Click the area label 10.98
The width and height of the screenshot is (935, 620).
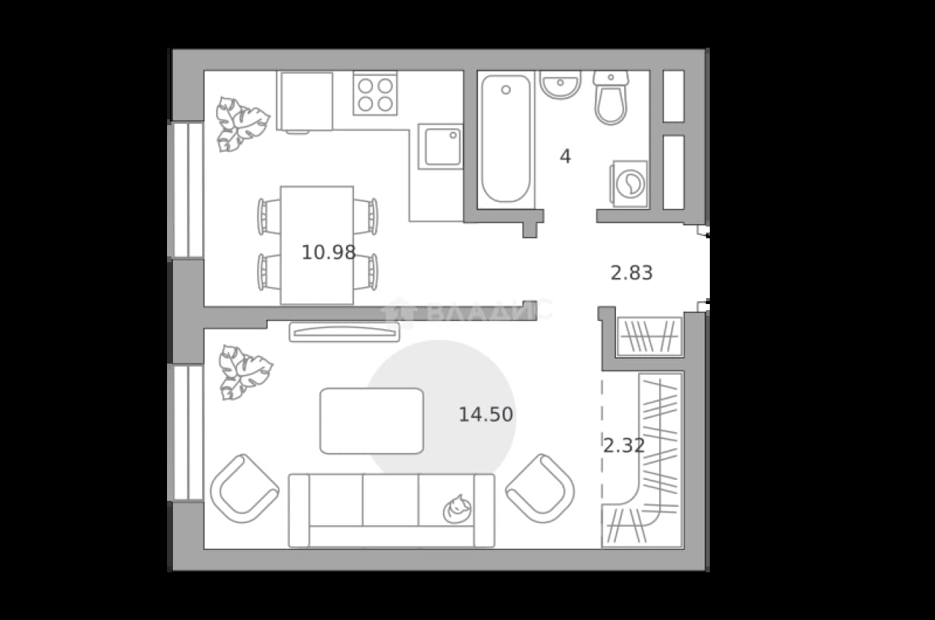click(x=329, y=253)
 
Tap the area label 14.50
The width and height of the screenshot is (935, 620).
click(x=486, y=415)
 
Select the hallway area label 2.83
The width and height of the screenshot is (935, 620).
click(x=632, y=273)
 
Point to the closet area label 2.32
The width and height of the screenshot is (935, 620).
click(x=624, y=446)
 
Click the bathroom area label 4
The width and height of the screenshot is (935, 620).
click(x=565, y=156)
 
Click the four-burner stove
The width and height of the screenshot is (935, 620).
click(x=375, y=93)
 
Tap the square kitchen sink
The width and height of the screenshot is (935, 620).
click(x=441, y=147)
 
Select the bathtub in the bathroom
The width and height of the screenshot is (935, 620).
click(x=506, y=139)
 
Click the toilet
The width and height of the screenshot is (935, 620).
click(x=611, y=98)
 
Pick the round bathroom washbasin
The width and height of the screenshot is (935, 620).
click(x=560, y=85)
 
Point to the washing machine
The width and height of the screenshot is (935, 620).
click(x=629, y=184)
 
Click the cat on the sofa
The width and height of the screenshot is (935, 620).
click(x=458, y=510)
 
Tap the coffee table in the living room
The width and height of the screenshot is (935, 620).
click(x=372, y=421)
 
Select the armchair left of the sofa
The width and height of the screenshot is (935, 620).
click(x=245, y=489)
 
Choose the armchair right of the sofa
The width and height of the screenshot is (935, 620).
click(x=540, y=489)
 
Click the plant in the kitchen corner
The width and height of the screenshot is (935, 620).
click(x=242, y=124)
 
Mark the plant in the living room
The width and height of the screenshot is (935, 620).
click(x=245, y=373)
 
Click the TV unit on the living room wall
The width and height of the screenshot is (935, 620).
click(x=344, y=332)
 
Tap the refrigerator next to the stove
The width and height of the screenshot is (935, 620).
click(x=305, y=101)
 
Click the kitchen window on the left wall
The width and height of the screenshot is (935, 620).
click(x=186, y=190)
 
